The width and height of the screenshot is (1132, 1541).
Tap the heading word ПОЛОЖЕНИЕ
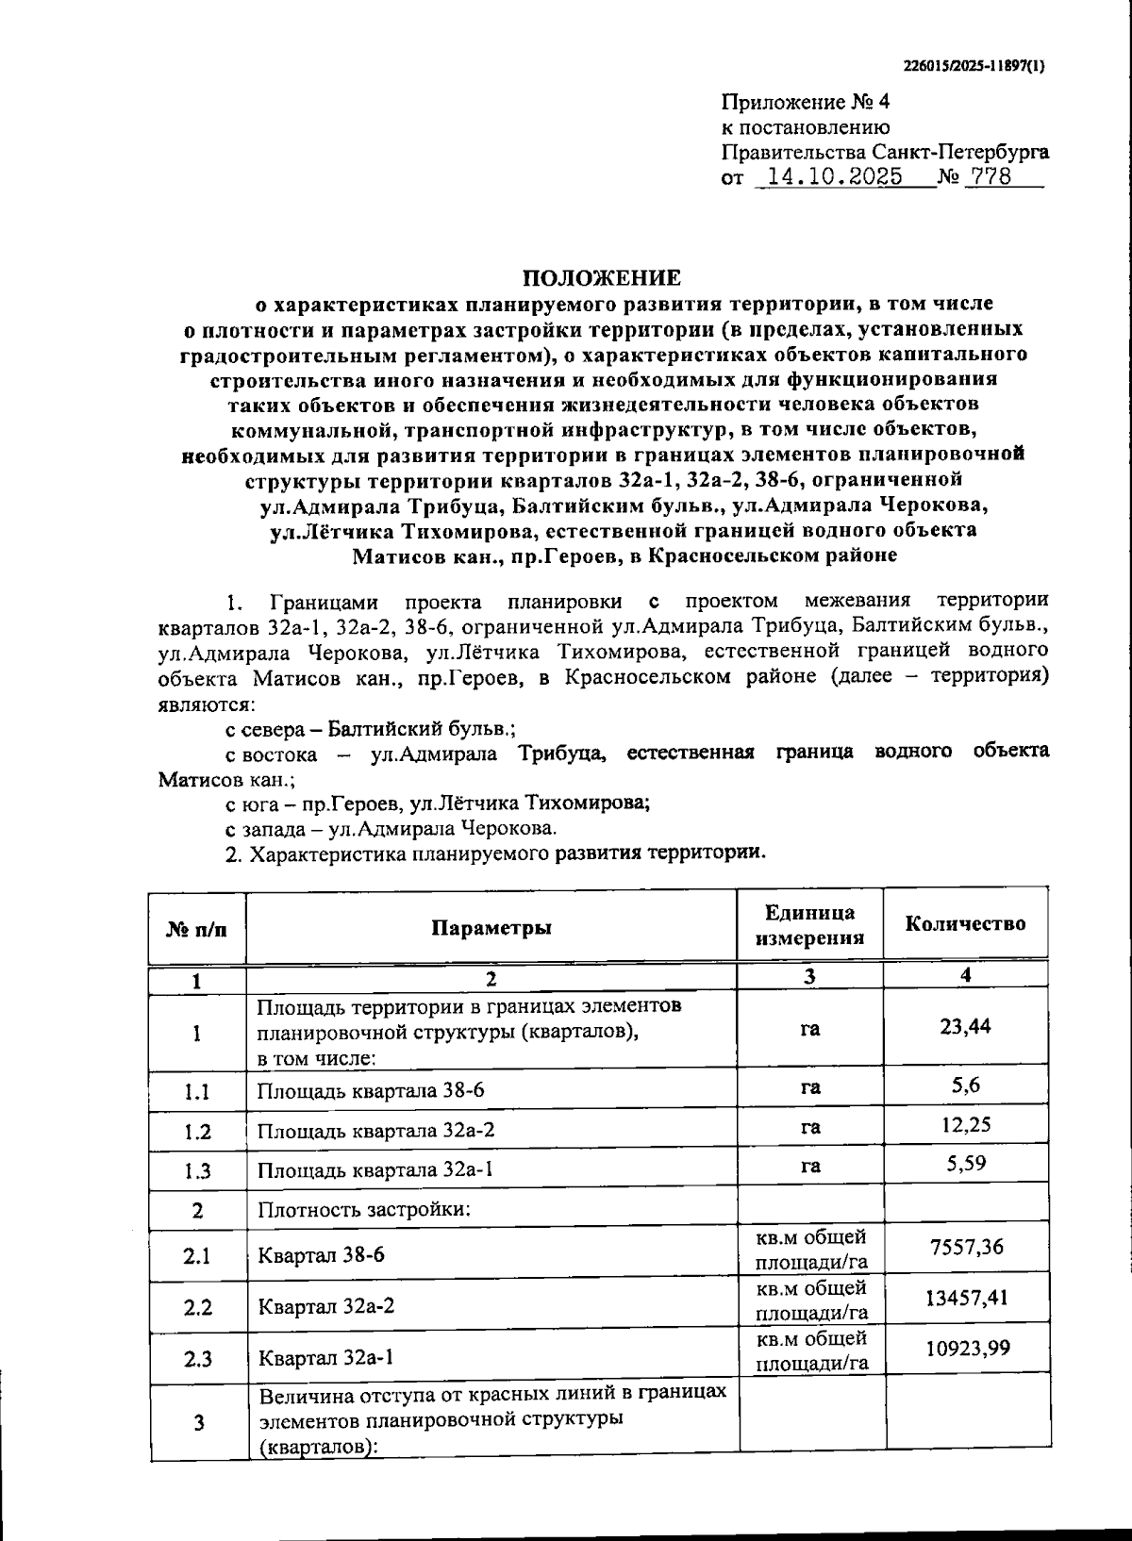pos(602,278)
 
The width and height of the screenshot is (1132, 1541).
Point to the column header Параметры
pos(491,927)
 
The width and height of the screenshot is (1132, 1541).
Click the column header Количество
pos(965,924)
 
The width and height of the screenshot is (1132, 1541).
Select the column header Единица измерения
pos(809,925)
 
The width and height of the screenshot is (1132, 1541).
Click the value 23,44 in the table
pos(965,1026)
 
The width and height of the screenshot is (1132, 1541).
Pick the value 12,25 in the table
pos(965,1125)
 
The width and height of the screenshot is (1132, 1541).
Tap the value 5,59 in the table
pos(966,1164)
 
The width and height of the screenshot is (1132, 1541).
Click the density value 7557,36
pos(966,1248)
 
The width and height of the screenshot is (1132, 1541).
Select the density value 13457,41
pos(966,1299)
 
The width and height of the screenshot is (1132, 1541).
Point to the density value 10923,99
pos(966,1349)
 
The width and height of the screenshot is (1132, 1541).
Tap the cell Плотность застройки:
pos(363,1210)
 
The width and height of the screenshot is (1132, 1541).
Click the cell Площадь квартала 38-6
pos(371,1092)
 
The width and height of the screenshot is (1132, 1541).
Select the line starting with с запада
pos(391,829)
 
